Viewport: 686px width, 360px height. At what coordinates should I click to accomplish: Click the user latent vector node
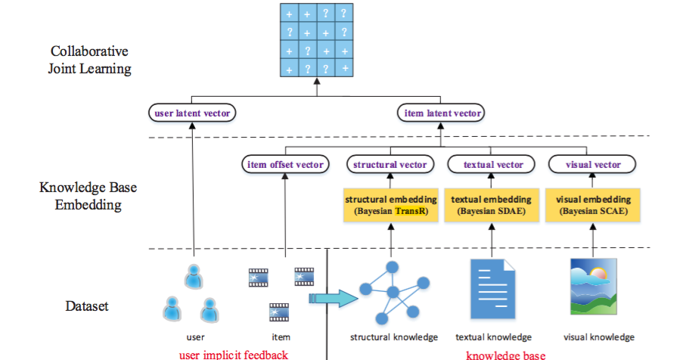(192, 113)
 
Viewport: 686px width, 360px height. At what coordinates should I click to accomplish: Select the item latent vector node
(440, 113)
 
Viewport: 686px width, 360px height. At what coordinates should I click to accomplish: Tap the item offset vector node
(285, 164)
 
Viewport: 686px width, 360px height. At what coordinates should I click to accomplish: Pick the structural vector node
(390, 164)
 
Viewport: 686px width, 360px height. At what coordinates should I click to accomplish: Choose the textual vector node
(492, 164)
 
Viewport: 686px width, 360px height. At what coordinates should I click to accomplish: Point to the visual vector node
(594, 164)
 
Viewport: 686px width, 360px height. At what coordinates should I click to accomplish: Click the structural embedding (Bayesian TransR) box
(390, 205)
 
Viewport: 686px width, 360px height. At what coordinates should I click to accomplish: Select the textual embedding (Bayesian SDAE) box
(492, 205)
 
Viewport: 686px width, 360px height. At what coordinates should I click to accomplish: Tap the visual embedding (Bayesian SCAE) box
(593, 205)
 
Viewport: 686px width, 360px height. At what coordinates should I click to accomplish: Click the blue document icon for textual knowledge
(492, 288)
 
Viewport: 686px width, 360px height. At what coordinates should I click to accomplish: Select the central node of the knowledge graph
(393, 292)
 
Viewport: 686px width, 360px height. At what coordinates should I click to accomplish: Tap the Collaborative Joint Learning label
(90, 61)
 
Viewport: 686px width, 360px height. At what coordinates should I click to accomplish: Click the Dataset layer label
(87, 306)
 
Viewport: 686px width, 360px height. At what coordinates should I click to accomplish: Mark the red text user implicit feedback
(233, 354)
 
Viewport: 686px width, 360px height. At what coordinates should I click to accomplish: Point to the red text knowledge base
(505, 354)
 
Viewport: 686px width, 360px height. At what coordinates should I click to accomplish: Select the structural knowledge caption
(393, 337)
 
